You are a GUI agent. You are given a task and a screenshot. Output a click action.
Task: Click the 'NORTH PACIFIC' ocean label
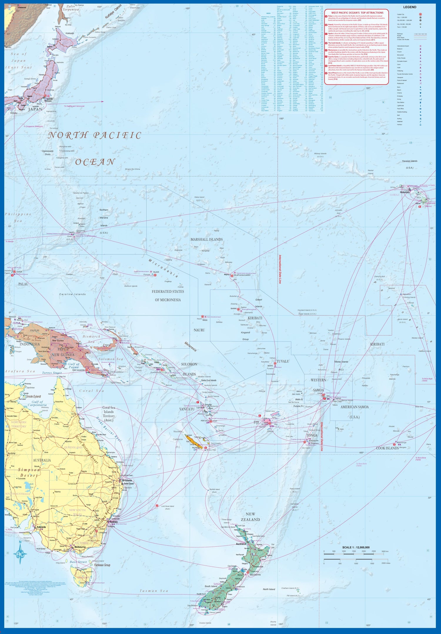[x=95, y=135]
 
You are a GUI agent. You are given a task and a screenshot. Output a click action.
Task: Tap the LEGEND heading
[x=410, y=7]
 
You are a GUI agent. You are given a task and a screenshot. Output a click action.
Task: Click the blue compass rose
[x=20, y=554]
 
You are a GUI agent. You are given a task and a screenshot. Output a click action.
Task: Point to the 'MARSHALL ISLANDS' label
[x=206, y=240]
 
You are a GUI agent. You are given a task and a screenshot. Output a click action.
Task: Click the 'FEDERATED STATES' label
[x=168, y=292]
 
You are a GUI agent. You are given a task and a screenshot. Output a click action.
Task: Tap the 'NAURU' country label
[x=199, y=330]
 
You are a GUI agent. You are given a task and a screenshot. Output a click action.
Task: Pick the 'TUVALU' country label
[x=283, y=361]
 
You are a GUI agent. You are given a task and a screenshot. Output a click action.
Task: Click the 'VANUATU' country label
[x=187, y=409]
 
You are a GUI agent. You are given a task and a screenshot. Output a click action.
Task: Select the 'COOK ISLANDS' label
[x=387, y=448]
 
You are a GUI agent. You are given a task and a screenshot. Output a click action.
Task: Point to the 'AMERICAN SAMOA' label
[x=354, y=407]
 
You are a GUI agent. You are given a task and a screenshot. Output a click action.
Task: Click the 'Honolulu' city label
[x=405, y=192]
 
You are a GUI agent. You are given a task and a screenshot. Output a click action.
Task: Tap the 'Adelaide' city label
[x=41, y=527]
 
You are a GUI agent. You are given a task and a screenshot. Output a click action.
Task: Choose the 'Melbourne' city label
[x=80, y=547]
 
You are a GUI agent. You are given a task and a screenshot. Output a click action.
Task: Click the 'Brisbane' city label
[x=127, y=480]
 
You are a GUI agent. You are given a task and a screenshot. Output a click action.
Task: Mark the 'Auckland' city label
[x=241, y=544]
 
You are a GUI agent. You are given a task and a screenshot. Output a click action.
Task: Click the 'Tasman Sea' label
[x=153, y=591]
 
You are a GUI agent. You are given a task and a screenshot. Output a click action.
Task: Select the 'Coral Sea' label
[x=91, y=391]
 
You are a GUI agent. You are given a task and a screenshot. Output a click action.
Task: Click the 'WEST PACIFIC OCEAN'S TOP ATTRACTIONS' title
[x=357, y=13]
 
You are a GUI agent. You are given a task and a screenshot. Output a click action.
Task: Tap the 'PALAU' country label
[x=23, y=284]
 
